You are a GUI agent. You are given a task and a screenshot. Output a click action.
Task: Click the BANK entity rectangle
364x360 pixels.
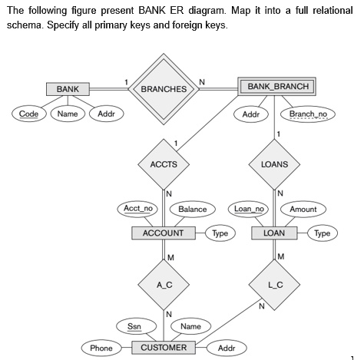pyautogui.click(x=68, y=89)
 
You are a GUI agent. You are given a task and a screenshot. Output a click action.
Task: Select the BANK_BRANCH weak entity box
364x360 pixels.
pyautogui.click(x=277, y=86)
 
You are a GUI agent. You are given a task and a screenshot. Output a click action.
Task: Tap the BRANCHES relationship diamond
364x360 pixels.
pyautogui.click(x=163, y=89)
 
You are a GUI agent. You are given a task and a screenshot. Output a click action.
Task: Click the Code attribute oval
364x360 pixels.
pyautogui.click(x=29, y=114)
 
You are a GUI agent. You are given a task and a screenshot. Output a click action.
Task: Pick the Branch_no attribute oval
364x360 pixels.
pyautogui.click(x=307, y=114)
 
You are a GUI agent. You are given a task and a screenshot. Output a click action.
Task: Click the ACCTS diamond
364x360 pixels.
pyautogui.click(x=163, y=164)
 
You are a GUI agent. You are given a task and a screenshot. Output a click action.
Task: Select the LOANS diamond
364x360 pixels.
pyautogui.click(x=274, y=164)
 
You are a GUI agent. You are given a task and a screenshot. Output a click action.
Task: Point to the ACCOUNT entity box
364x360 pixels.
pyautogui.click(x=163, y=233)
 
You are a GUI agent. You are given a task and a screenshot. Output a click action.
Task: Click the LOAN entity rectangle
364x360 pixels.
pyautogui.click(x=274, y=233)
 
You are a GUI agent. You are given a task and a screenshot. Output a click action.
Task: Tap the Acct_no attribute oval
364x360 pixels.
pyautogui.click(x=139, y=208)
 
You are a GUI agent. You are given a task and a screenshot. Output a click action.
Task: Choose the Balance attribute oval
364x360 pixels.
pyautogui.click(x=192, y=209)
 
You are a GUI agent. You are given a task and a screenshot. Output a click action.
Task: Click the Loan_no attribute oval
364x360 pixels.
pyautogui.click(x=249, y=208)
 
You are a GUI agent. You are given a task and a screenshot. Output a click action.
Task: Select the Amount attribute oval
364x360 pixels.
pyautogui.click(x=303, y=209)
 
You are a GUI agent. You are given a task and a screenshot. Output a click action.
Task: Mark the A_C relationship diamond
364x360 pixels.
pyautogui.click(x=163, y=285)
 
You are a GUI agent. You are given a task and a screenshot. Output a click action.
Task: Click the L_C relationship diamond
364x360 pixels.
pyautogui.click(x=274, y=285)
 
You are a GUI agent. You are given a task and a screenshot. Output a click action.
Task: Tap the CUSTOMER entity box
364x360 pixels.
pyautogui.click(x=163, y=348)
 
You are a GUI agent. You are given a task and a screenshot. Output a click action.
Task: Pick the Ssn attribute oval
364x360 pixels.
pyautogui.click(x=134, y=326)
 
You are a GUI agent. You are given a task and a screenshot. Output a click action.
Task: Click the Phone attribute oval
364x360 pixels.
pyautogui.click(x=101, y=348)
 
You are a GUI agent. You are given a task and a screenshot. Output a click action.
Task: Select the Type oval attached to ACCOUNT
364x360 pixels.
pyautogui.click(x=220, y=233)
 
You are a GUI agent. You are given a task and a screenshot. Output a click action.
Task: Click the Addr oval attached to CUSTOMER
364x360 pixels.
pyautogui.click(x=227, y=348)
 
